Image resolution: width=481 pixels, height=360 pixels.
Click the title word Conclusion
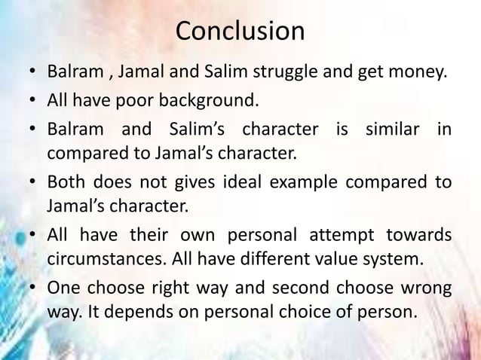[240, 32]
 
